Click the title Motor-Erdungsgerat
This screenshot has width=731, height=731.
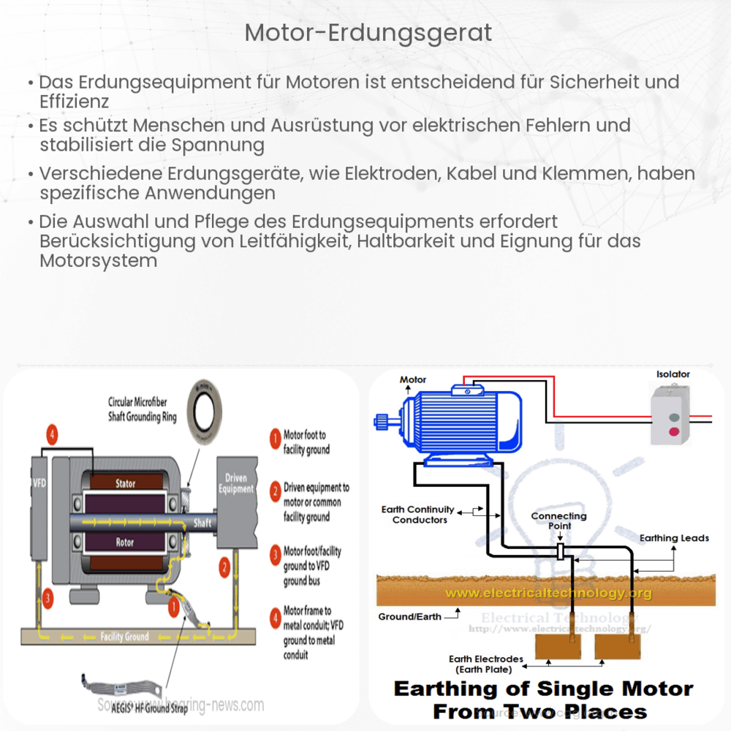coord(368,33)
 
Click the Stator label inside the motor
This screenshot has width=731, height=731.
coord(125,483)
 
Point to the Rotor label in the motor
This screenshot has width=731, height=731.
coord(125,542)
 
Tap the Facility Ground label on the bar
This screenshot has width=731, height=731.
coord(125,637)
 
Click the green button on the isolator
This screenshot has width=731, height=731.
coord(675,417)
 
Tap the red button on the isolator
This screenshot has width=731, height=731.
coord(675,431)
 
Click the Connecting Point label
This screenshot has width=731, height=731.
coord(558,520)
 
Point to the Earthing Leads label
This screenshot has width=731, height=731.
coord(674,538)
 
